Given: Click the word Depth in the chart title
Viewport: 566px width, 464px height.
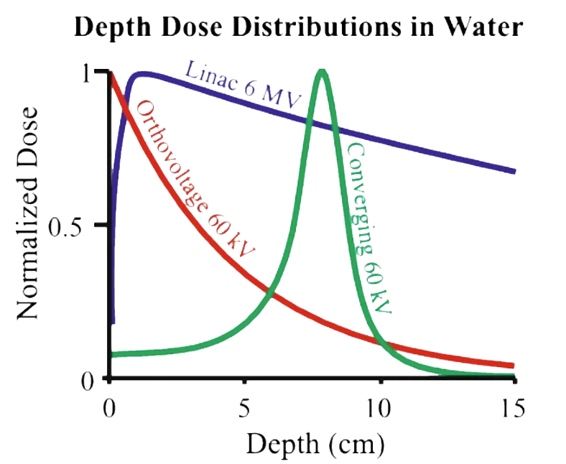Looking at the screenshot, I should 111,27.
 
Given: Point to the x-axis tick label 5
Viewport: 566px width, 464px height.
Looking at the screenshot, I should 245,409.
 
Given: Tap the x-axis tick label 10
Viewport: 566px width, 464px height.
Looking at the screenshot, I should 379,409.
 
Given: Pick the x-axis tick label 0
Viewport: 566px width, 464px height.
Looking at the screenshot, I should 109,409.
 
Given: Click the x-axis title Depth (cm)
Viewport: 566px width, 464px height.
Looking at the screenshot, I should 312,443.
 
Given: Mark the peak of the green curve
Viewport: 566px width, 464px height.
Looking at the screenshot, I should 323,72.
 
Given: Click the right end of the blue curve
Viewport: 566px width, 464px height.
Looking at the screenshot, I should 514,172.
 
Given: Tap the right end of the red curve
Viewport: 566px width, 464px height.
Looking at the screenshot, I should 513,365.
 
